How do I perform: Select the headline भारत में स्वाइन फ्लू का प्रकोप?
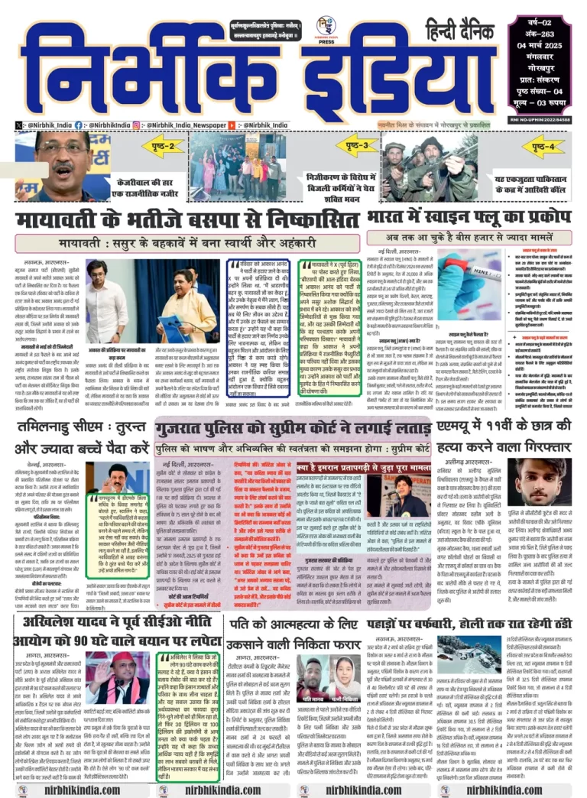[x=469, y=218]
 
